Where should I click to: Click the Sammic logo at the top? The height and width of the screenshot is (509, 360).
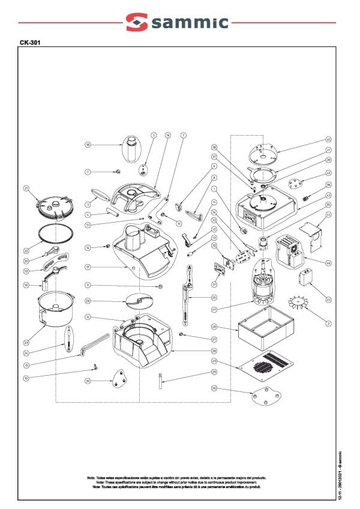click(177, 23)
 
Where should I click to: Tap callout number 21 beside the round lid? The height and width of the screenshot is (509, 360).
click(26, 189)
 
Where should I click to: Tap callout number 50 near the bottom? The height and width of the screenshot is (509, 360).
click(213, 388)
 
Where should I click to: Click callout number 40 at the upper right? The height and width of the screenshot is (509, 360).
click(328, 139)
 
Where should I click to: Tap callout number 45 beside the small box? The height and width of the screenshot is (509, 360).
click(328, 300)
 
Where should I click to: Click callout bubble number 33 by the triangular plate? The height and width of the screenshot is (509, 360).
click(88, 381)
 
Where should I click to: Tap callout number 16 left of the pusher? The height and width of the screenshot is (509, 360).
click(88, 145)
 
